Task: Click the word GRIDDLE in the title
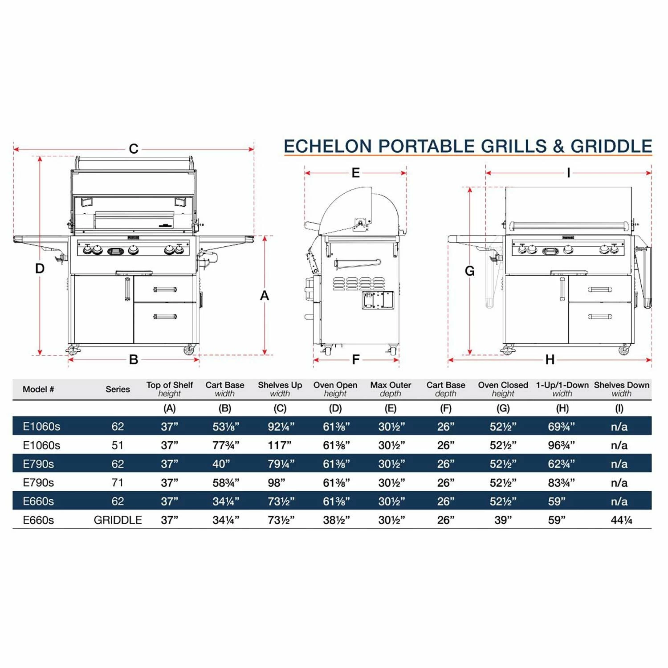pos(611,146)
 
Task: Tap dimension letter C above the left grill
pos(134,149)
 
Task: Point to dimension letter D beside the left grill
pos(40,269)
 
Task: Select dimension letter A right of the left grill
pos(265,295)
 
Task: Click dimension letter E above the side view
pos(355,173)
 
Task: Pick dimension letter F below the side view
pos(355,359)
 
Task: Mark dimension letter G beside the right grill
pos(469,271)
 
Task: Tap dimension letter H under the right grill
pos(550,359)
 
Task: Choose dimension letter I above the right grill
pos(568,173)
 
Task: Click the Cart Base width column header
pos(225,389)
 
